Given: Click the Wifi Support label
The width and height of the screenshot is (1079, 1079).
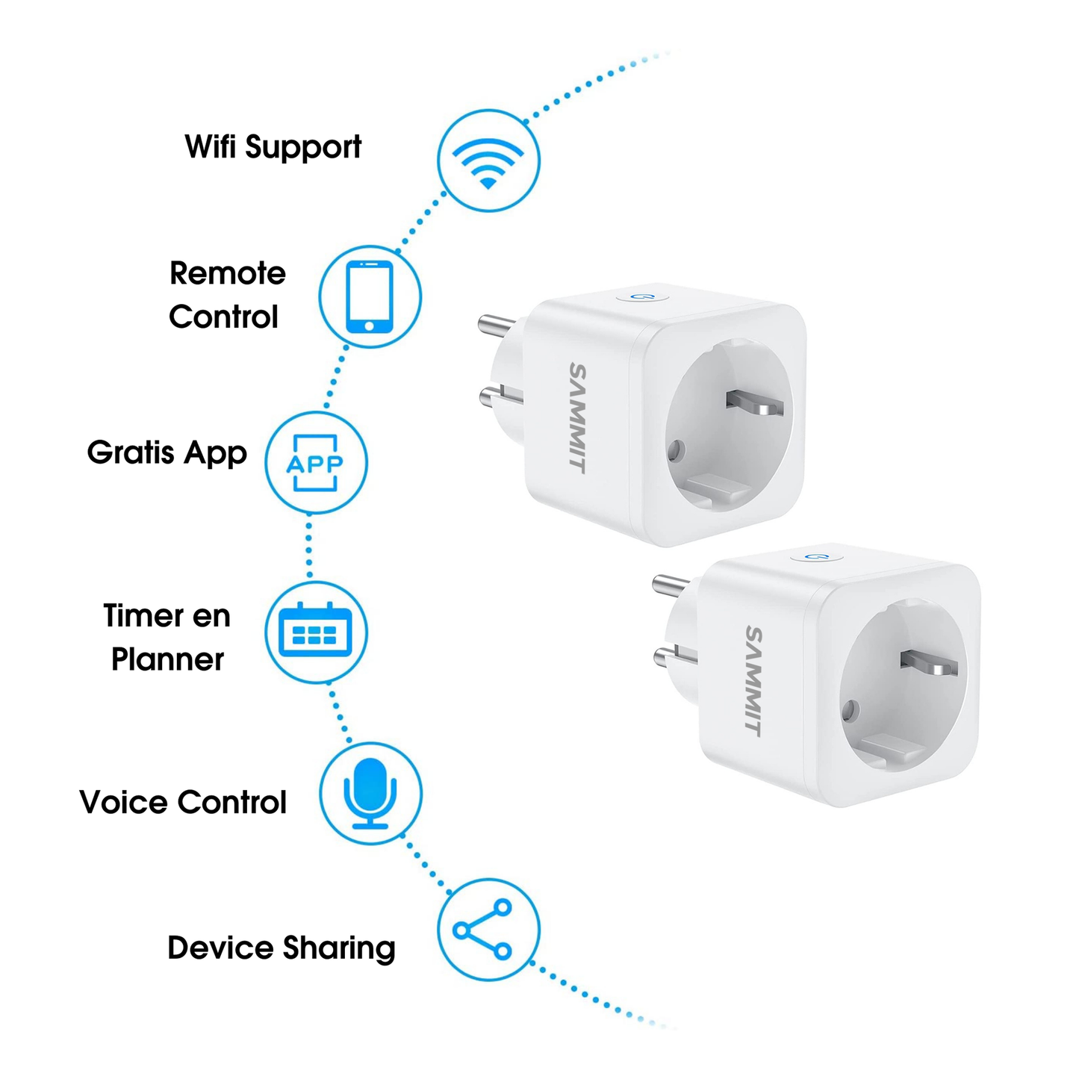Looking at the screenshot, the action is tap(273, 147).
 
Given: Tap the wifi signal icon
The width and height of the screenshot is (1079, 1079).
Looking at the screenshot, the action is tap(488, 163).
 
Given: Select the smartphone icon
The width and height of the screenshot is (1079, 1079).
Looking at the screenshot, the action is tap(369, 296).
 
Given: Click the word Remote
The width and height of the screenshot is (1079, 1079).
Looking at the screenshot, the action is tap(227, 274).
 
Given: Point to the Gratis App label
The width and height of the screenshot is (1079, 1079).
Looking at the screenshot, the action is tap(167, 453).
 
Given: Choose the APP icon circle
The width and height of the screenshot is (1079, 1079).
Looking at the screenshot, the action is tap(316, 462).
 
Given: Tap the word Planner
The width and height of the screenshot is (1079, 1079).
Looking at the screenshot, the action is tap(167, 659).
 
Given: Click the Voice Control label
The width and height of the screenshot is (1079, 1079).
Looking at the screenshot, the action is tap(183, 802).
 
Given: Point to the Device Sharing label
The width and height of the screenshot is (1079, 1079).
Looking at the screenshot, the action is tap(282, 948).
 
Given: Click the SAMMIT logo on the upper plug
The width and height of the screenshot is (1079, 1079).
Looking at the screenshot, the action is tap(578, 417).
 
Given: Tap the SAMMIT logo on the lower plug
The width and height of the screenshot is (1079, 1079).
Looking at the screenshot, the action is tap(753, 681).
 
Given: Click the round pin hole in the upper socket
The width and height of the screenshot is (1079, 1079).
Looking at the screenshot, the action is tap(676, 449).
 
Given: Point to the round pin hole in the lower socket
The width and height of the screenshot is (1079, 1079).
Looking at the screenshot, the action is tap(851, 711).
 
